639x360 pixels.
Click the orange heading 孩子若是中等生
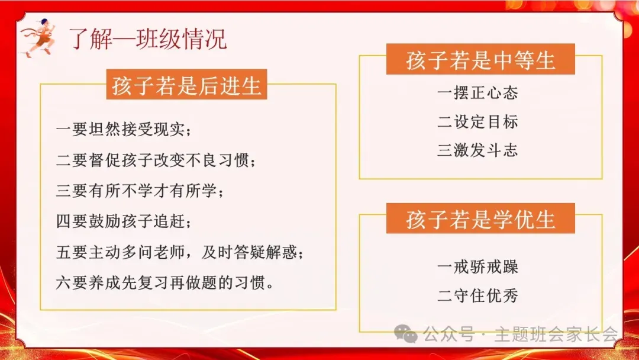pyautogui.click(x=480, y=61)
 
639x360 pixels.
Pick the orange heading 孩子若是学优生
pyautogui.click(x=480, y=220)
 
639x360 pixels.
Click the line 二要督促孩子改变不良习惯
pyautogui.click(x=156, y=160)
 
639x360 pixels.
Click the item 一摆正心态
pyautogui.click(x=477, y=93)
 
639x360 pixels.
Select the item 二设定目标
pyautogui.click(x=477, y=122)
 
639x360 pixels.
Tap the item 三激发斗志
pyautogui.click(x=477, y=150)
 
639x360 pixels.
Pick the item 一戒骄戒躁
pyautogui.click(x=477, y=267)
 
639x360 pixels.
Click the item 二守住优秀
pyautogui.click(x=477, y=296)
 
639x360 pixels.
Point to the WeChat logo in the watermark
pyautogui.click(x=406, y=335)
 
